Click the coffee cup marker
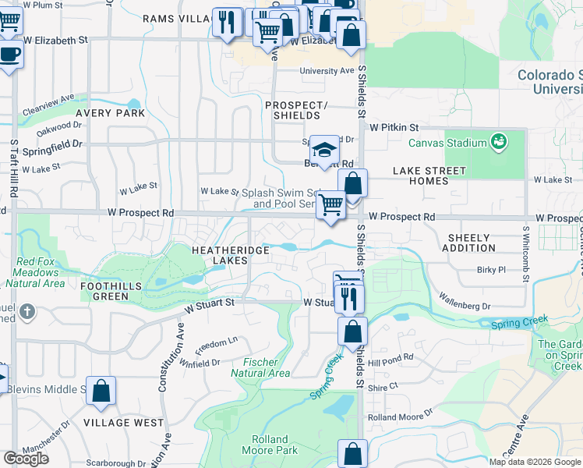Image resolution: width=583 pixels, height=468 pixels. tap(10, 55)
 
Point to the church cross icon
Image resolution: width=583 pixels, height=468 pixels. tap(27, 313)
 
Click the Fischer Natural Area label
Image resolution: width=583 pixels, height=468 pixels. tap(260, 367)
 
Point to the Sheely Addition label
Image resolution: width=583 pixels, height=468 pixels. tap(468, 243)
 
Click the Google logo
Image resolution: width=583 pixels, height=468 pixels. tap(26, 459)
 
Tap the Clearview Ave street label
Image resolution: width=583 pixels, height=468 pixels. tap(49, 103)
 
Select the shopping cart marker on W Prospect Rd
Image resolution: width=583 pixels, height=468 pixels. tap(331, 206)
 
